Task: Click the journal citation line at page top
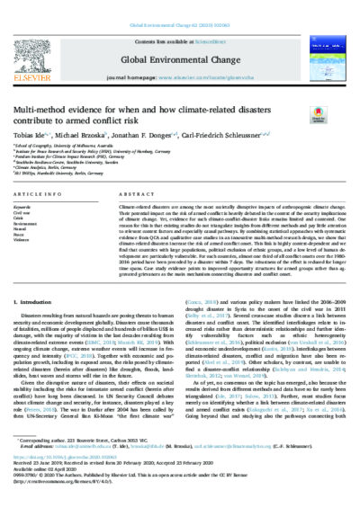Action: point(179,6)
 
